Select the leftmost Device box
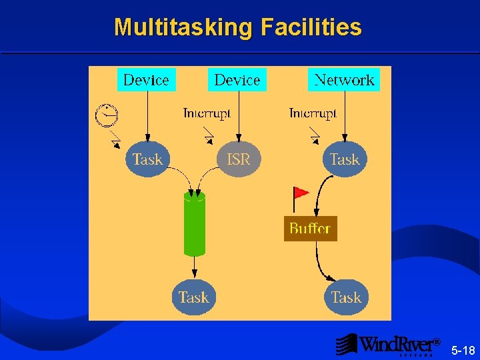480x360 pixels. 146,80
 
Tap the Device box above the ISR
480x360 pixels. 237,80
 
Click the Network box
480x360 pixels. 344,80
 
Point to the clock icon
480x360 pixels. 105,115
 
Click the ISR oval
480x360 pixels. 239,159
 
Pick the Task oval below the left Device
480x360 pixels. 147,159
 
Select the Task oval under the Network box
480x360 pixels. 345,159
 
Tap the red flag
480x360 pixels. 300,193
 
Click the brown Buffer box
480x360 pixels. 310,229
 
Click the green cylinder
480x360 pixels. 195,223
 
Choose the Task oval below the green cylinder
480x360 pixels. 193,297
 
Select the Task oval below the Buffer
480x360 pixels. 346,297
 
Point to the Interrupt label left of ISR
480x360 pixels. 207,113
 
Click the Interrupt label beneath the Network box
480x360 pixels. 313,113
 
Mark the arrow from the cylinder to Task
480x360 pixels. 195,267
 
